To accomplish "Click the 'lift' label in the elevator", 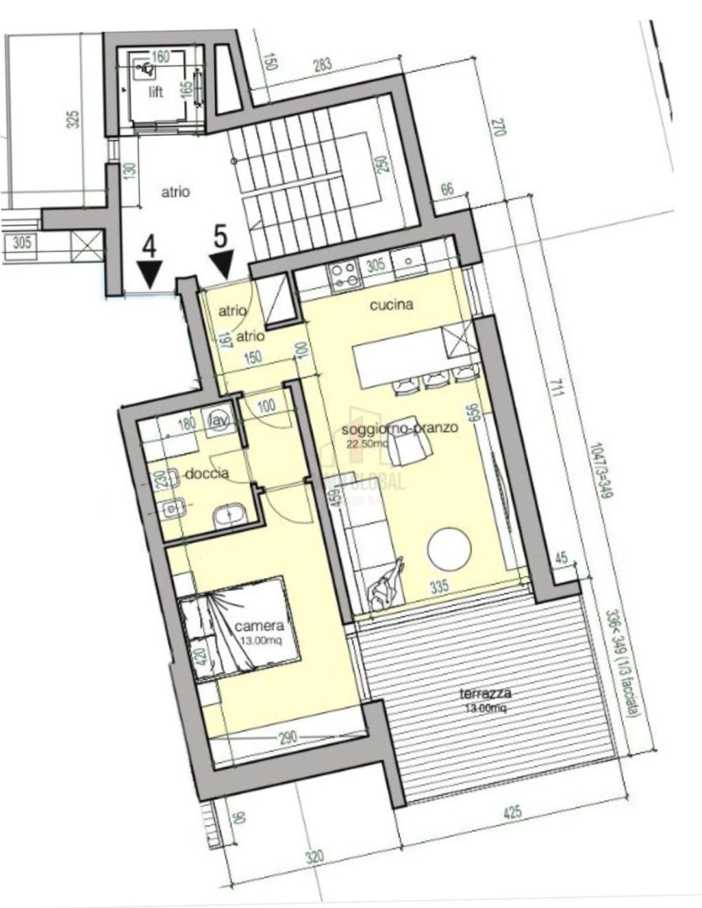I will (x=155, y=92).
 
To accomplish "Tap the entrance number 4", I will (x=150, y=248).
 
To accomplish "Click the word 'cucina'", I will (x=391, y=305).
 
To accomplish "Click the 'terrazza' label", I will (x=485, y=694).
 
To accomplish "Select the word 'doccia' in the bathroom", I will (x=206, y=474).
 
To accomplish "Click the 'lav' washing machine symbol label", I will (x=218, y=419).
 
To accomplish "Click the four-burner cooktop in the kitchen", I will (x=343, y=274).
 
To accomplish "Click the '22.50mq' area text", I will (x=367, y=443).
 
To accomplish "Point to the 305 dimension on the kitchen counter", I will (x=375, y=265).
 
